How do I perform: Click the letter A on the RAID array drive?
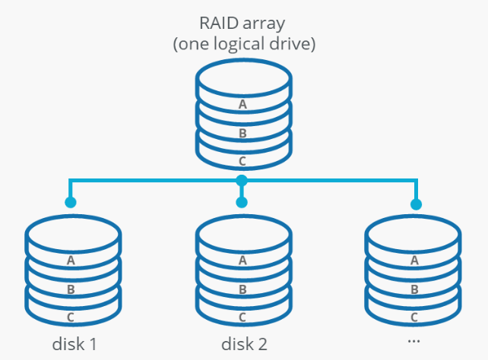(x=242, y=105)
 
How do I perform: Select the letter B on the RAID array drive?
(x=242, y=133)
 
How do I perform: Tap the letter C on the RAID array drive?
(x=242, y=161)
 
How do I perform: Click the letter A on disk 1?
(x=71, y=261)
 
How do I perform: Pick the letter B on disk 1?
(x=71, y=289)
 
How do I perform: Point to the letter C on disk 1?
(x=71, y=316)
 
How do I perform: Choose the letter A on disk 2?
(x=242, y=261)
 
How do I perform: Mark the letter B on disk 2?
(x=242, y=289)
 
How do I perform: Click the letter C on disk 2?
(x=242, y=316)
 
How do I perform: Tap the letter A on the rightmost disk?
(x=414, y=261)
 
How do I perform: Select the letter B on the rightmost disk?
(x=414, y=289)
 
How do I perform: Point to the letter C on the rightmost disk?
(x=414, y=316)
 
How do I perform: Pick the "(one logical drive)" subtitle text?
(x=243, y=45)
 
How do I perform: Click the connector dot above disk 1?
(x=71, y=203)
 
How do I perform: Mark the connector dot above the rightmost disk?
(x=416, y=204)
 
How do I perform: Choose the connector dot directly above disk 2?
(x=242, y=203)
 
